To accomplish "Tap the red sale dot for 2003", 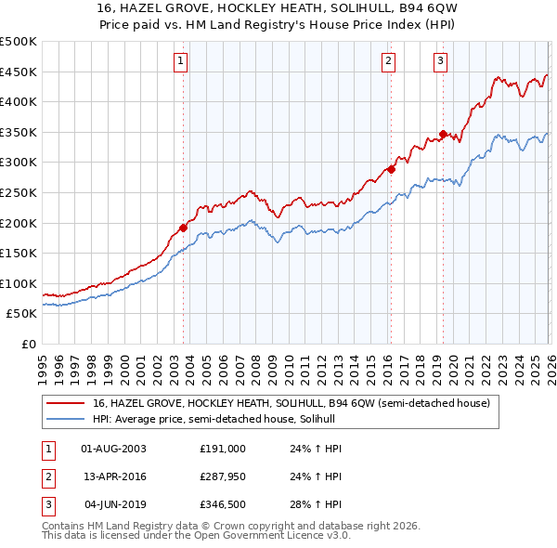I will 183,228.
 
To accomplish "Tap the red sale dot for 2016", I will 392,169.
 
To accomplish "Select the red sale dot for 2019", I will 443,134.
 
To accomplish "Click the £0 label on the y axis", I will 28,344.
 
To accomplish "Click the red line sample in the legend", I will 65,403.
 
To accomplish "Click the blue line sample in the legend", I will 65,419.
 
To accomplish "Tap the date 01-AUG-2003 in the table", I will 114,449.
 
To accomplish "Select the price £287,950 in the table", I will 223,476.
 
